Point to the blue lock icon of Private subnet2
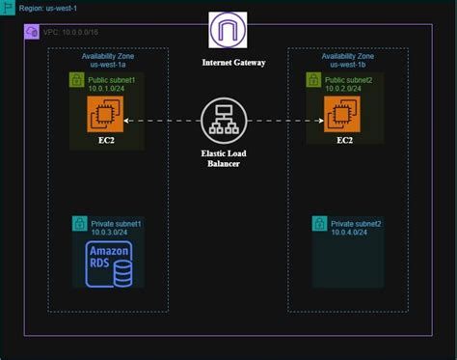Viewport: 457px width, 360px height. pos(319,224)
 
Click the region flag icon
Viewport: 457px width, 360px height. pos(8,8)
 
